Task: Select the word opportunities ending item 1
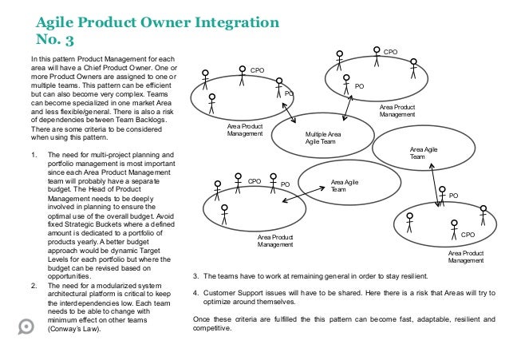pos(71,277)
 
